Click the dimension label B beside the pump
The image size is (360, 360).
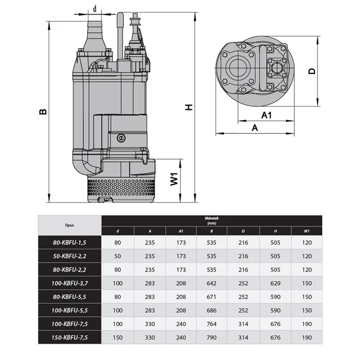coord(43,112)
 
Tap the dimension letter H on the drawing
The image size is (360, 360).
coord(189,107)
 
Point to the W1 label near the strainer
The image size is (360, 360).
coord(174,179)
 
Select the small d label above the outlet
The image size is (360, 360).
coord(95,9)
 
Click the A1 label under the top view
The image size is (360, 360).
coord(267,115)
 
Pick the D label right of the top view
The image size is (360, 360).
coord(312,71)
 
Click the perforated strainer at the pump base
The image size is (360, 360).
coord(121,187)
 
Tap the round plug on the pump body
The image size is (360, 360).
coord(121,138)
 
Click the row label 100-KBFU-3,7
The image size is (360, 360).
coord(69,284)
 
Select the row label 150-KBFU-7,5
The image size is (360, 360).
coord(69,337)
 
